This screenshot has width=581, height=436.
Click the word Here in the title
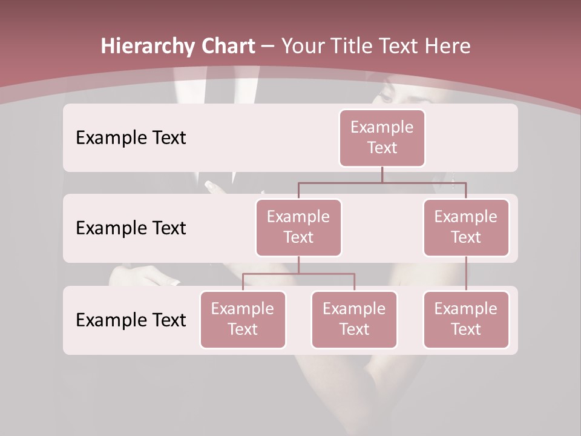[447, 47]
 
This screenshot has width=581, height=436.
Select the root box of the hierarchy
[382, 137]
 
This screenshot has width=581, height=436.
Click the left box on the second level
[298, 227]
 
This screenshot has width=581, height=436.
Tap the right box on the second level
[466, 227]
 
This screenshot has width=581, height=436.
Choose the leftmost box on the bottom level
[243, 319]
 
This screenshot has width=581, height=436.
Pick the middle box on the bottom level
[354, 319]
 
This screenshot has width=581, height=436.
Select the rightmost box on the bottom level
[466, 319]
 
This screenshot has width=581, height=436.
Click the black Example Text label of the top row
[131, 138]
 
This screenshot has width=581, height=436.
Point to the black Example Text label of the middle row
[131, 228]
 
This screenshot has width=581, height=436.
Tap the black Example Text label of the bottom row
[131, 320]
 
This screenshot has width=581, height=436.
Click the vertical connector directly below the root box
[382, 174]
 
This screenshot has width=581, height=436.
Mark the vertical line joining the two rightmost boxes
[466, 274]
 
